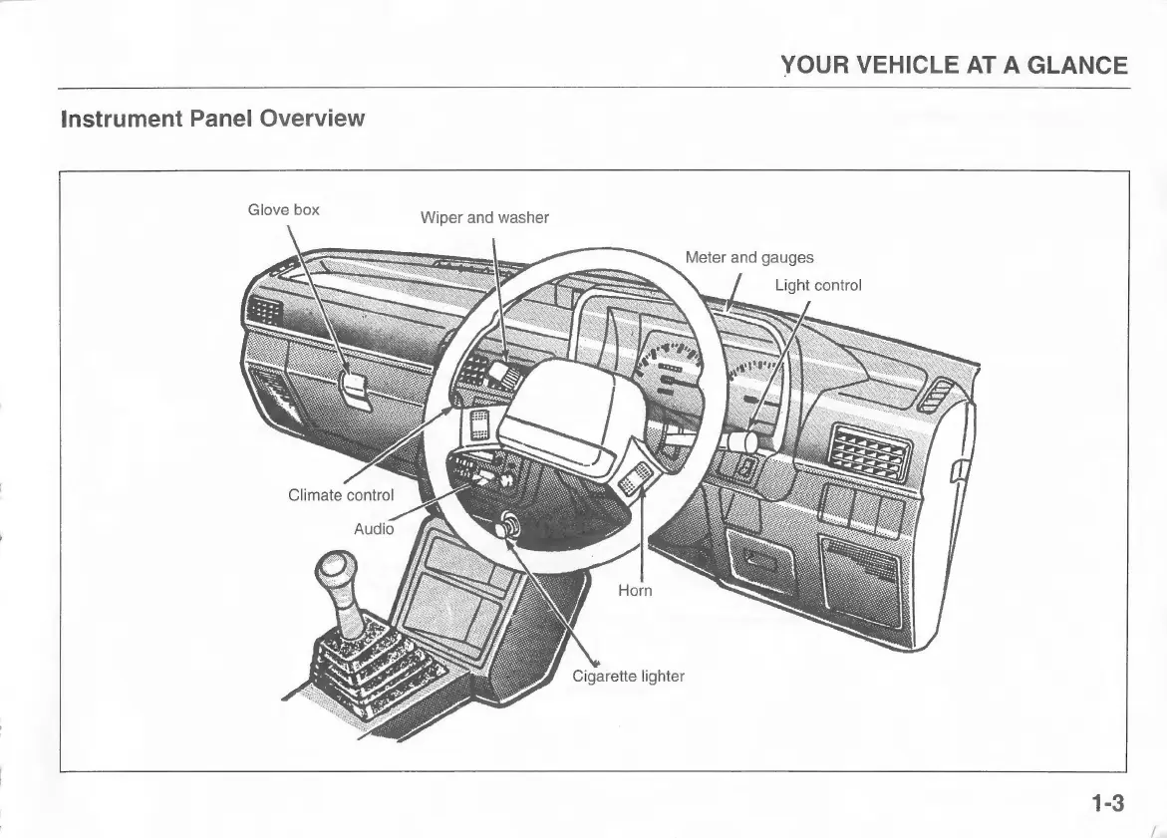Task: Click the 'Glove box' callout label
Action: [x=283, y=209]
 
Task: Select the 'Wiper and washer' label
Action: [x=484, y=217]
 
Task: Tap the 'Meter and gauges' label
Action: [x=748, y=258]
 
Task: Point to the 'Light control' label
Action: [x=817, y=285]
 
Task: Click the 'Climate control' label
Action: [x=341, y=494]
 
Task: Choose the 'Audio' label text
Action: [x=374, y=528]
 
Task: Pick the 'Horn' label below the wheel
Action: [x=635, y=591]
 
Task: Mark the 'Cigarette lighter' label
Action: [x=628, y=677]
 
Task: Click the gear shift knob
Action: [x=330, y=574]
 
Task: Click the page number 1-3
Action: [x=1106, y=803]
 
